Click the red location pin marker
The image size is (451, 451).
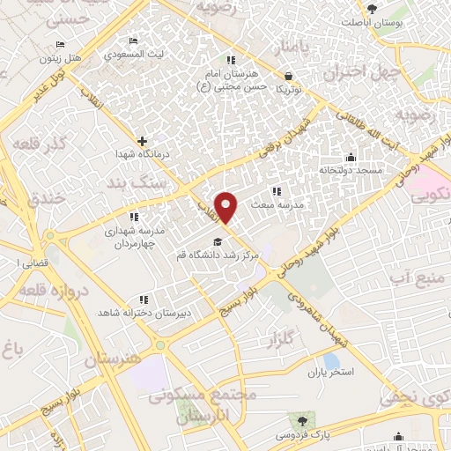click(x=227, y=207)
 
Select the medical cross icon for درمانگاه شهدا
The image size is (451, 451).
click(x=142, y=140)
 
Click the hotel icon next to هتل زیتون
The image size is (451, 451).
click(x=60, y=44)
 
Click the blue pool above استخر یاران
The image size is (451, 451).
click(x=331, y=361)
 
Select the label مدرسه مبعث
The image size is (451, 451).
click(x=277, y=203)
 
